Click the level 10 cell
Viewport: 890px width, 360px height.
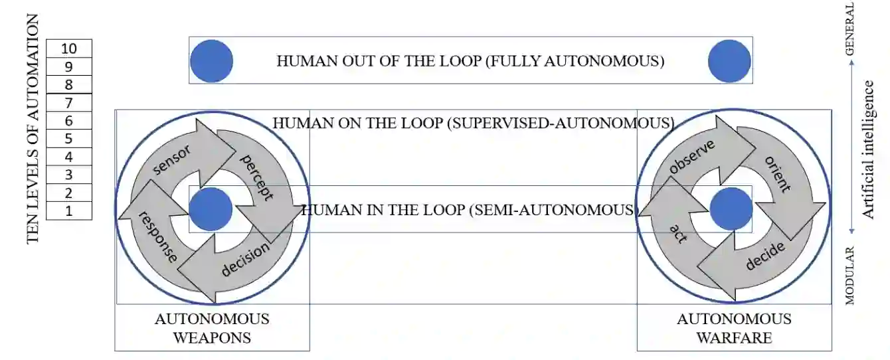(x=69, y=48)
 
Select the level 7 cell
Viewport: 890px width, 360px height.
(x=69, y=103)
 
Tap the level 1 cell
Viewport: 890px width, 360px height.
(x=69, y=211)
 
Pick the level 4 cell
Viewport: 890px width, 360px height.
(x=69, y=157)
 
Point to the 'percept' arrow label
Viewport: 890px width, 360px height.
(x=256, y=177)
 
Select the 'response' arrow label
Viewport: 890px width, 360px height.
(x=158, y=237)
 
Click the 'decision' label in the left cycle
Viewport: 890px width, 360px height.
(x=245, y=259)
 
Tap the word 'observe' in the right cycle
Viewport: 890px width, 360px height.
(x=691, y=157)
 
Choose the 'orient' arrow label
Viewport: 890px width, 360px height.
(x=778, y=174)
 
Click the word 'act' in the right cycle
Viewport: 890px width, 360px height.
(x=677, y=233)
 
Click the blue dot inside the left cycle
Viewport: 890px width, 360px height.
(x=211, y=209)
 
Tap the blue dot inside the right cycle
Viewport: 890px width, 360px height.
(x=731, y=209)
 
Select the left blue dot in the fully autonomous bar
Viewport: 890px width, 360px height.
(x=211, y=61)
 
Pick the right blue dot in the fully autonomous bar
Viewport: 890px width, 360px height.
(x=729, y=61)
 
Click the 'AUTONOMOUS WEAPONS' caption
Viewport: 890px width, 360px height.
(x=212, y=328)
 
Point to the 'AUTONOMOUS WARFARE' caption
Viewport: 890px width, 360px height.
(x=734, y=328)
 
